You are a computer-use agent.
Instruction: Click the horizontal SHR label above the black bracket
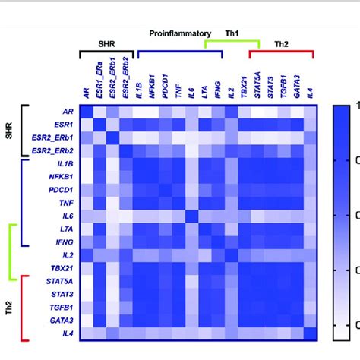point(107,44)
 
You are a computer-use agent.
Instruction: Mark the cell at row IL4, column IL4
point(308,334)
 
